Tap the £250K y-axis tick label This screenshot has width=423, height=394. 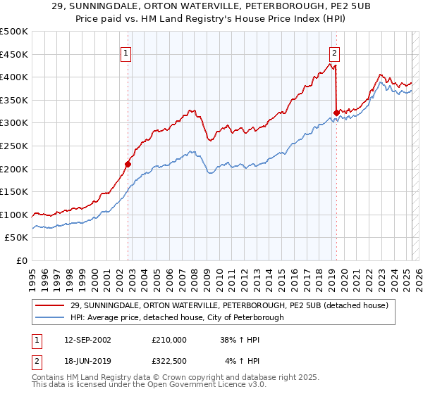tap(15, 146)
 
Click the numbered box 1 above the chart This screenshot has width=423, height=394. tap(125, 52)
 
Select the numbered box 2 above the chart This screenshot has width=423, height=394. tap(333, 52)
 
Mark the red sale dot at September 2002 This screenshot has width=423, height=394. tap(128, 165)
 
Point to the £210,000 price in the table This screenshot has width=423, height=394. tap(169, 340)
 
